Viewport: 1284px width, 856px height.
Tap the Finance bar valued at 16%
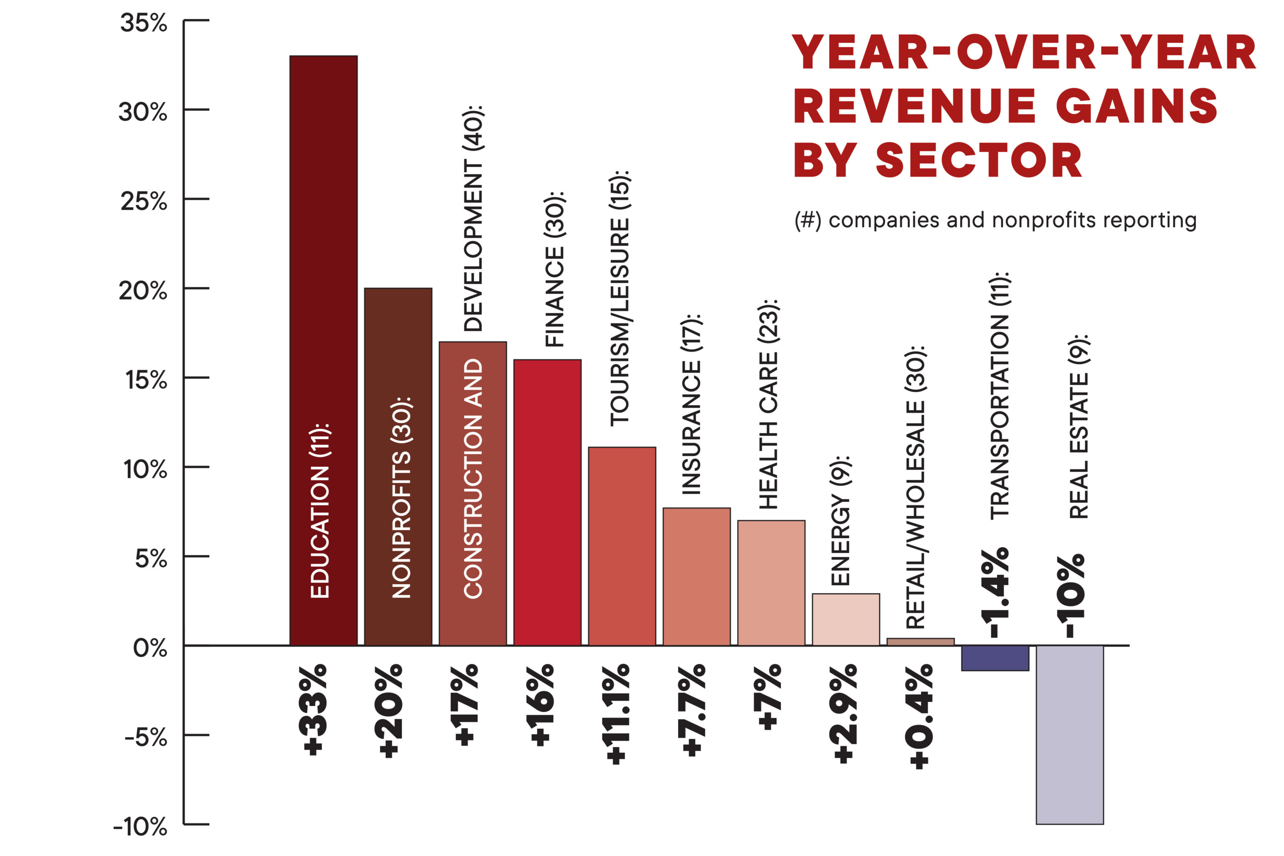coord(547,502)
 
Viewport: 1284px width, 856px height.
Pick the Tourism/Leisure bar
coord(622,546)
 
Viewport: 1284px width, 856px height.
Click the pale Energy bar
coord(846,620)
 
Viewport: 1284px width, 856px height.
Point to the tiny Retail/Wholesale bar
coord(920,642)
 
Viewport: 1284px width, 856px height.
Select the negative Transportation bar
coord(995,658)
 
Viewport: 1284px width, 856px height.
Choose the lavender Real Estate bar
coord(1069,734)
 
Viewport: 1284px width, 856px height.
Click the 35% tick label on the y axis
coord(143,23)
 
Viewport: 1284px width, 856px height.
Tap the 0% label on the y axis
coord(149,648)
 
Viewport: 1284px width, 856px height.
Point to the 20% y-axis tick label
coord(143,291)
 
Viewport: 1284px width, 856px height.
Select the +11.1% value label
coord(616,714)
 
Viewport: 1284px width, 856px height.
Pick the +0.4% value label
coord(919,716)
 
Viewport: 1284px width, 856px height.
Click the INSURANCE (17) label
coord(691,404)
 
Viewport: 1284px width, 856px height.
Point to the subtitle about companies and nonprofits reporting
coord(995,220)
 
